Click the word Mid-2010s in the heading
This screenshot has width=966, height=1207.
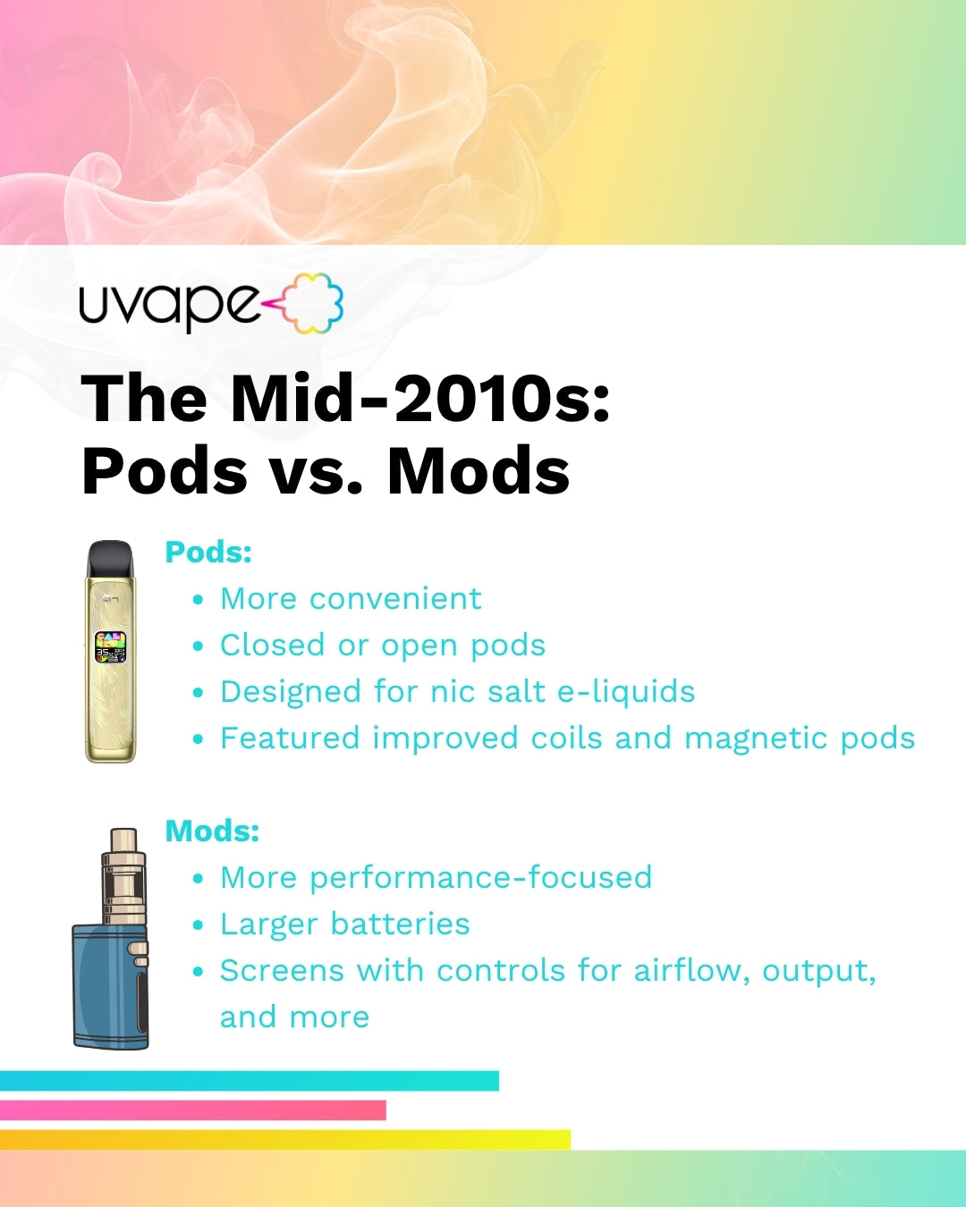click(419, 399)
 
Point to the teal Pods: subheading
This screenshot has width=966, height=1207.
click(208, 553)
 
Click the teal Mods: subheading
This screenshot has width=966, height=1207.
click(212, 831)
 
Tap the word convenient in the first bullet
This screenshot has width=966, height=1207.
click(395, 598)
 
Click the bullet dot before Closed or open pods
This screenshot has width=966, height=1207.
click(197, 646)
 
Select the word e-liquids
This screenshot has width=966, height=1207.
click(626, 691)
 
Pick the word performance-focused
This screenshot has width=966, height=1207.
click(481, 878)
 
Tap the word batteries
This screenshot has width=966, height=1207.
click(400, 924)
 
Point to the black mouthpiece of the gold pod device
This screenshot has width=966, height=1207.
click(111, 559)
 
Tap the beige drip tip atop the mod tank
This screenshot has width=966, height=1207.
click(123, 840)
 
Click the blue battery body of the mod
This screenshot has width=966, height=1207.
click(111, 986)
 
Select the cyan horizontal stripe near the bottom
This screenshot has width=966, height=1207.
click(250, 1081)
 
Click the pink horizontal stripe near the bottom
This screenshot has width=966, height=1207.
click(193, 1110)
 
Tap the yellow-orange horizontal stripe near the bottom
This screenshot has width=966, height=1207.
click(285, 1140)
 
